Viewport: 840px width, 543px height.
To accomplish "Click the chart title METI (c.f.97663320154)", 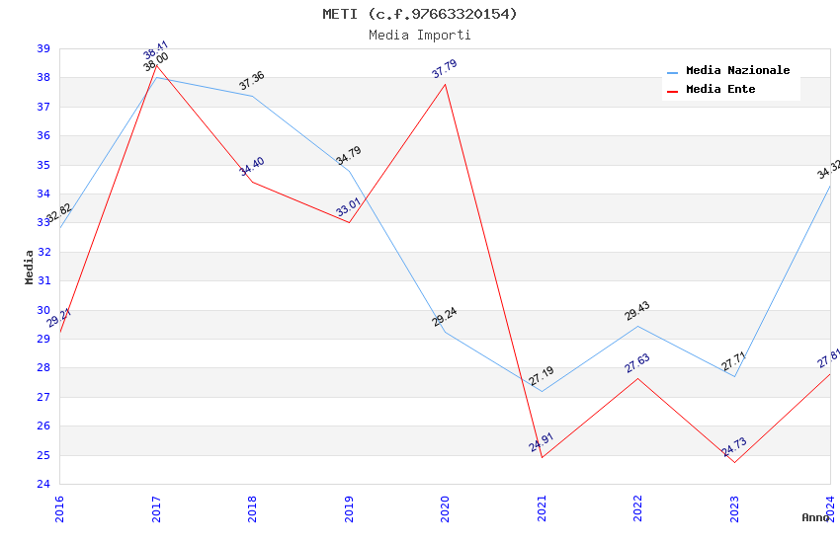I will [x=419, y=14].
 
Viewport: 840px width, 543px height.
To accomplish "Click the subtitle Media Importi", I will [x=419, y=35].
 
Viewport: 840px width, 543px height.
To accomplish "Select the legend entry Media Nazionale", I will [x=737, y=71].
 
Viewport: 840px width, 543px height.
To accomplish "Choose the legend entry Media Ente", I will [x=720, y=89].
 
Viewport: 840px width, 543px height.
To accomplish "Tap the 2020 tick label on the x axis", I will [x=445, y=507].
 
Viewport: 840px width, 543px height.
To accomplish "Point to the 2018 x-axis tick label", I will [x=252, y=507].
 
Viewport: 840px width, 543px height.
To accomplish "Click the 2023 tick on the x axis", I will [x=734, y=507].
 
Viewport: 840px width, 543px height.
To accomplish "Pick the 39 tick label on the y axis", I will [x=43, y=48].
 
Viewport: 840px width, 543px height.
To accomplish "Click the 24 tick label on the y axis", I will [x=43, y=485].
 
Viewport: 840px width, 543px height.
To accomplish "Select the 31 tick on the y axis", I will [x=43, y=281].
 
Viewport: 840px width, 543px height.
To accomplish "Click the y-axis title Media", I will [x=29, y=267].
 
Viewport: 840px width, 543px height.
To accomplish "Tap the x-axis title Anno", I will [x=815, y=517].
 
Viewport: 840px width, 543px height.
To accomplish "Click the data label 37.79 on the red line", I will [x=445, y=69].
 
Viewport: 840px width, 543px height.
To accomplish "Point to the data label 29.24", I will [x=445, y=317].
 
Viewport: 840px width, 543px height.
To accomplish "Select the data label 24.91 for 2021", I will [x=541, y=441].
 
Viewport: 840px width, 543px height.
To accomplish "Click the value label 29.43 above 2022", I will [x=637, y=311].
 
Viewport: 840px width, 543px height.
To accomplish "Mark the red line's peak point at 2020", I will [x=445, y=84].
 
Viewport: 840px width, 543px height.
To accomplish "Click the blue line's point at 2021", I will [x=542, y=392].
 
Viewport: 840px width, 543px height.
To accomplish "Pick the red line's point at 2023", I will [x=734, y=463].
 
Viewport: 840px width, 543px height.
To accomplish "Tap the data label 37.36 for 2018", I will [x=252, y=81].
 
